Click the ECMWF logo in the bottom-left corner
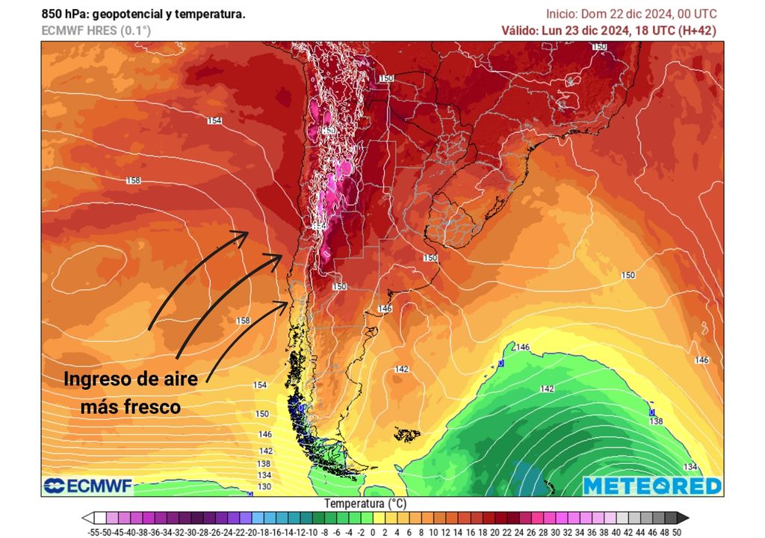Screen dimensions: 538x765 tap(88, 486)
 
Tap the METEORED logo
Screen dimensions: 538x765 tap(652, 486)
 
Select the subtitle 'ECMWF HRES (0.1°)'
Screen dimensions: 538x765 tap(96, 31)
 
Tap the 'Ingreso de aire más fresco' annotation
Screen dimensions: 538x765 tap(131, 392)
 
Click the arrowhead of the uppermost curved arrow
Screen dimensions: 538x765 tap(244, 234)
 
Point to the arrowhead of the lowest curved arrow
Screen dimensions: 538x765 tap(284, 303)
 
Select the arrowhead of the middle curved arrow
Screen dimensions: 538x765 tap(278, 257)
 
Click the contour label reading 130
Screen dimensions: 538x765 tap(264, 486)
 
